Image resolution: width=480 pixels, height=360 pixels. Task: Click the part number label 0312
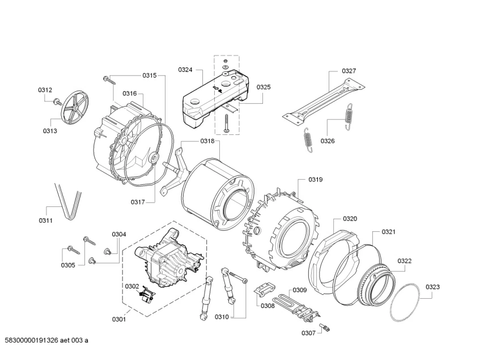45,90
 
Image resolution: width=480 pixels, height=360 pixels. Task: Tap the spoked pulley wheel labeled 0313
74,106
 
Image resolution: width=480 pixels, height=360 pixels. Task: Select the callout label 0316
130,94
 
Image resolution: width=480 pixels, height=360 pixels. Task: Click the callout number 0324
185,70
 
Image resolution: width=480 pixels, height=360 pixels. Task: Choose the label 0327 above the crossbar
349,71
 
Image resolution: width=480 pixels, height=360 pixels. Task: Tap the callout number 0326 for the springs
328,141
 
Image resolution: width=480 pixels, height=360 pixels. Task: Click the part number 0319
316,180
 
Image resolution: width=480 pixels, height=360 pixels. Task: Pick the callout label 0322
405,261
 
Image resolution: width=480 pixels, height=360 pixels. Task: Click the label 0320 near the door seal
350,219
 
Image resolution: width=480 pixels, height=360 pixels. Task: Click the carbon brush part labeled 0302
148,294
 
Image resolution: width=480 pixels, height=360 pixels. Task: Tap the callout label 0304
118,234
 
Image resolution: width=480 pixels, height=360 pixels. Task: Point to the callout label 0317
138,202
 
